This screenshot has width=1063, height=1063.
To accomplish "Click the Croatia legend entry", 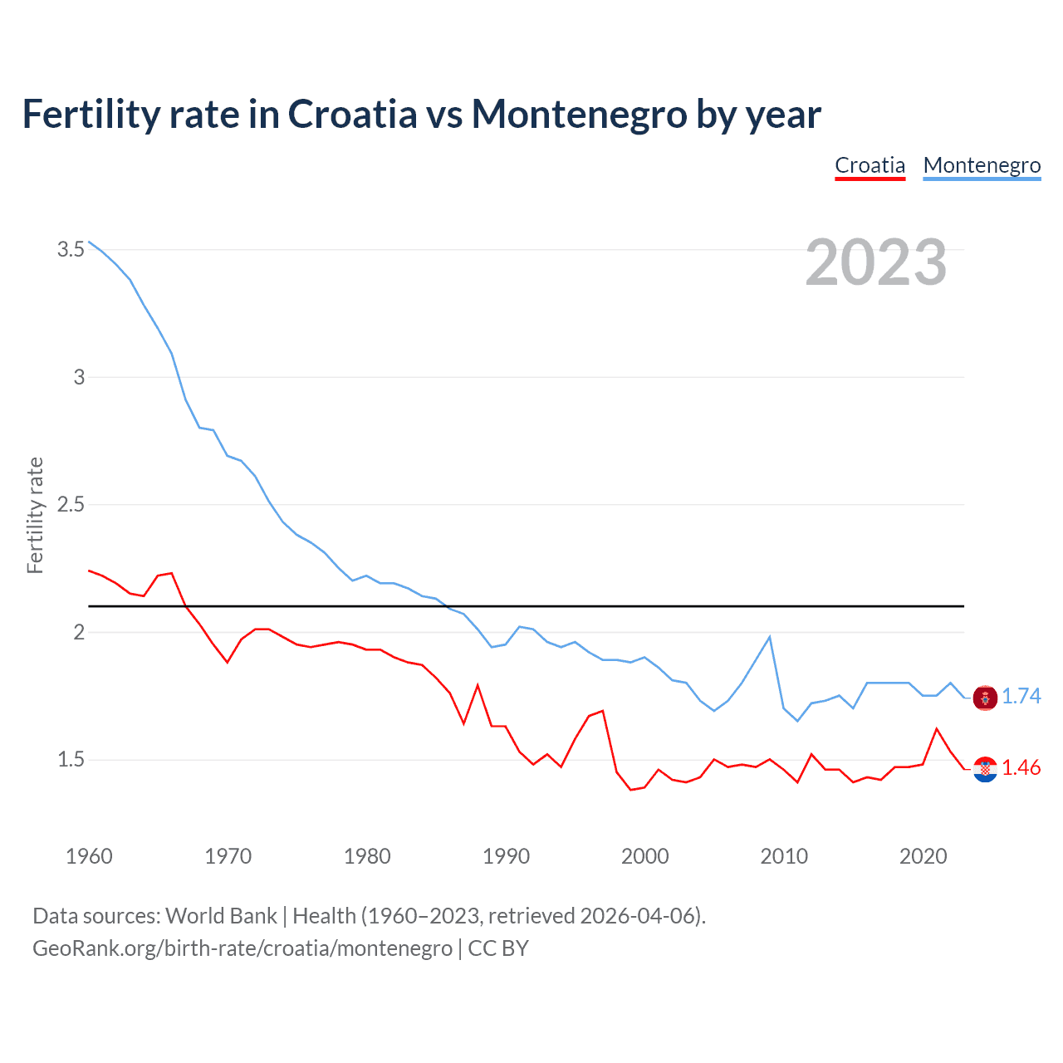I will (870, 165).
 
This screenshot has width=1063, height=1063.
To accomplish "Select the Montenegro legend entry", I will (982, 165).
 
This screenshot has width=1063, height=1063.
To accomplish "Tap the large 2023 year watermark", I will (875, 262).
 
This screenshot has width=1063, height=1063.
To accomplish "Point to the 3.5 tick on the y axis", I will (71, 249).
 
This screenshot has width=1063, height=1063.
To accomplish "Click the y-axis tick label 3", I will (79, 377).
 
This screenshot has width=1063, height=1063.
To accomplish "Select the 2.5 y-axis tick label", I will (71, 504).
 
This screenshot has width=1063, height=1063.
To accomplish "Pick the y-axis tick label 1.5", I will (71, 759).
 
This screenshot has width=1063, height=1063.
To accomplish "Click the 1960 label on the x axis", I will (89, 856).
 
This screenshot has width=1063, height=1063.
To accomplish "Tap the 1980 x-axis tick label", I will (367, 856).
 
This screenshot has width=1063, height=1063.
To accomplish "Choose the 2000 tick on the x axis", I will (644, 856).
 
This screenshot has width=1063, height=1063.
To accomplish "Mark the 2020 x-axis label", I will (923, 856).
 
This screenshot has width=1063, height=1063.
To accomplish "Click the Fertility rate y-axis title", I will (35, 515).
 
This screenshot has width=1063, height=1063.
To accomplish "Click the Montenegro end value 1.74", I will (1021, 696).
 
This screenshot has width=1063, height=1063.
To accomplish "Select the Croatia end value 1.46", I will (1021, 768).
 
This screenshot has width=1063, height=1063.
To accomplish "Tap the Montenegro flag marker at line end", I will (985, 698).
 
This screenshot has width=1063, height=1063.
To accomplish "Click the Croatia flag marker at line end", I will (985, 770).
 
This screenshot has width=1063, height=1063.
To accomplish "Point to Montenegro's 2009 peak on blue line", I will (770, 637).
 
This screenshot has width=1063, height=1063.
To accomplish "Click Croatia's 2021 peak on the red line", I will (937, 729).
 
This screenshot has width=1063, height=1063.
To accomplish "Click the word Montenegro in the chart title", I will (579, 114).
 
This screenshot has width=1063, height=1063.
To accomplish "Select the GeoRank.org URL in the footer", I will (242, 948).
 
